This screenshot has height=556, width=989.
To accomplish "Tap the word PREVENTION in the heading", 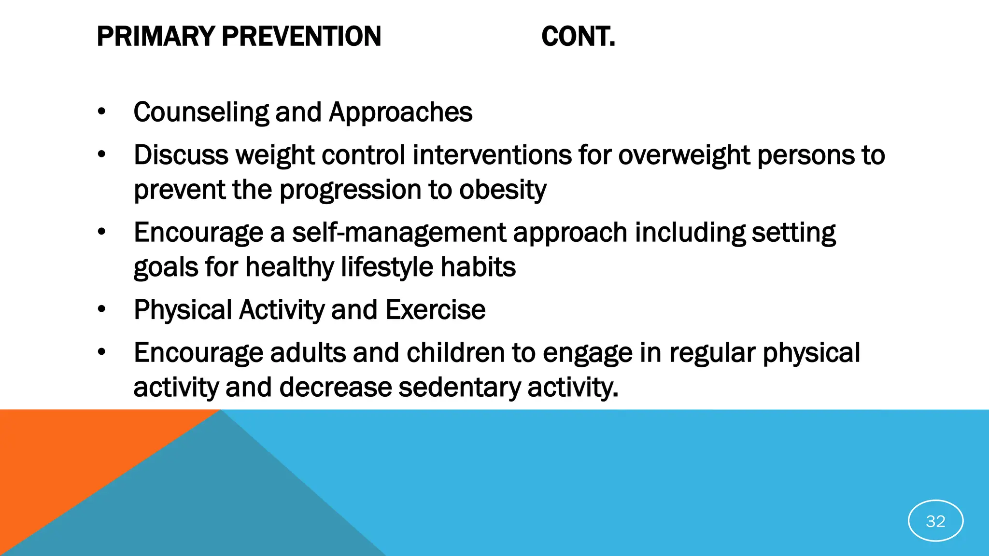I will tap(301, 37).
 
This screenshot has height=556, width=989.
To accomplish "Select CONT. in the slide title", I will tap(578, 37).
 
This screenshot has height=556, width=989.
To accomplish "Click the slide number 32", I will tap(935, 521).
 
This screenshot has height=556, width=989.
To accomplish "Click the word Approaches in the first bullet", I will tap(400, 112).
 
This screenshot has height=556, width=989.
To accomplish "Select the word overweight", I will tap(684, 155).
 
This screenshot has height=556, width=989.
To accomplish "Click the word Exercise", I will tap(435, 310).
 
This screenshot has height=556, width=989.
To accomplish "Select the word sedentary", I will tap(460, 388).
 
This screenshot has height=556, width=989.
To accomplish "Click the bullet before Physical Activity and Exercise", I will tap(101, 309).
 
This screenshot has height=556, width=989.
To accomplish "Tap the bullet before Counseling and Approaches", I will tap(101, 112).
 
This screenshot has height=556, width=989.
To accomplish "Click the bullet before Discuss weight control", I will tap(101, 155).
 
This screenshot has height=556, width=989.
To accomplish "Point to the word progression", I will tap(350, 190).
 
